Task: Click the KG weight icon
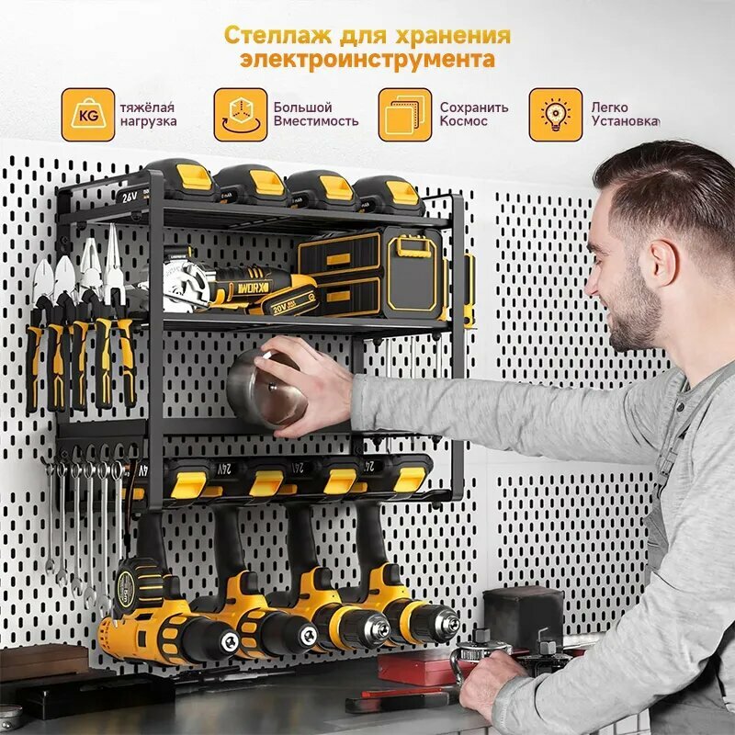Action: pos(88,115)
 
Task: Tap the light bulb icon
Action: pos(555,115)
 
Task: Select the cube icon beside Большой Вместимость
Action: pos(241,115)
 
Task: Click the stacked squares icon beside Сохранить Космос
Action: pos(404,115)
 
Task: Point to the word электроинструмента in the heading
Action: pos(367,61)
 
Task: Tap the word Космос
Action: pos(464,121)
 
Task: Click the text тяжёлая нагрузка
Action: pos(148,114)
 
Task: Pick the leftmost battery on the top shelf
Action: pos(182,182)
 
